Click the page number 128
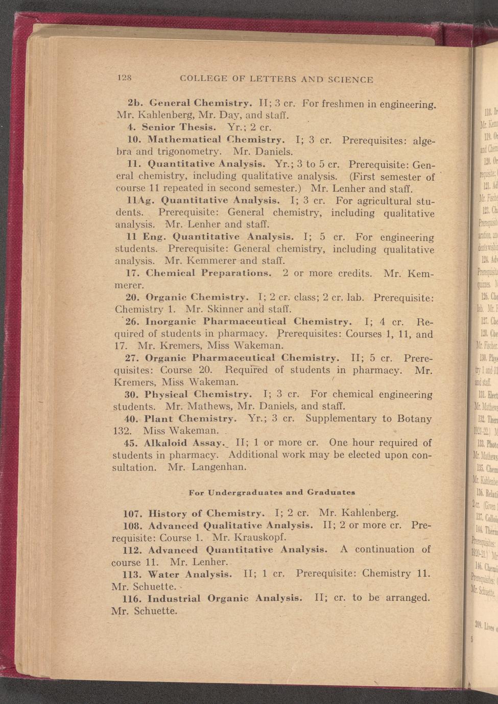pyautogui.click(x=125, y=78)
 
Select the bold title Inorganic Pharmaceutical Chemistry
pyautogui.click(x=248, y=322)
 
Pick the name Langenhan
pyautogui.click(x=220, y=467)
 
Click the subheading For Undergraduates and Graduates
pyautogui.click(x=272, y=492)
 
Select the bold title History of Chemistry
pyautogui.click(x=206, y=513)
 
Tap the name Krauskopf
pyautogui.click(x=260, y=537)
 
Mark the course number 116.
pyautogui.click(x=132, y=598)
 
